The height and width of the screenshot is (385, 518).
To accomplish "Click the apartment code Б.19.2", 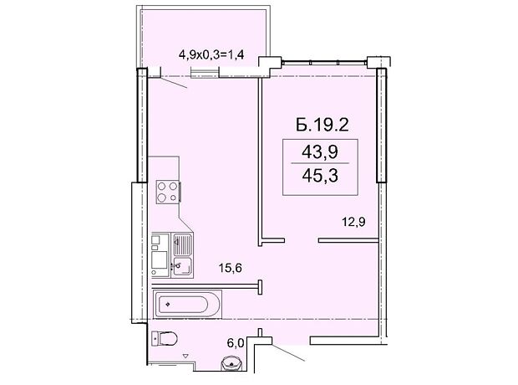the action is tap(322, 125).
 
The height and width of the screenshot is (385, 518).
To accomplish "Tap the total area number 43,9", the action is tap(320, 152).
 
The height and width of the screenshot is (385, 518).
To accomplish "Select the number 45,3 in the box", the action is tap(320, 176).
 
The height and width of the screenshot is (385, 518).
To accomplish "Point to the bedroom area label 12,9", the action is tap(353, 222).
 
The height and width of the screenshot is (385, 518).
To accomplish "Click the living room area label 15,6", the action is tap(231, 268).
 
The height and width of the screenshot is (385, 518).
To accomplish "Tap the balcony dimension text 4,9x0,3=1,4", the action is tap(211, 54).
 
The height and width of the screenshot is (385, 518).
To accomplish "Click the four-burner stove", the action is tap(168, 192).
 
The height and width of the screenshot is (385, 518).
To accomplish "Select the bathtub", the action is tap(187, 304).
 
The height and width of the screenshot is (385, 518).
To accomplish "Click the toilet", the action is tap(165, 338).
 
